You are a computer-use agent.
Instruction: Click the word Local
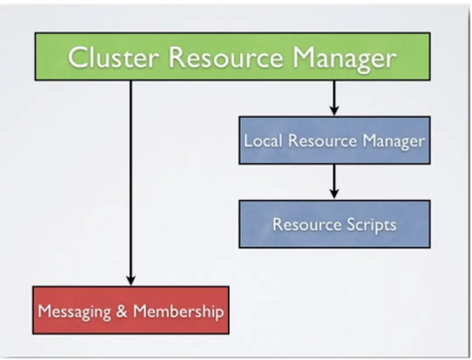263,141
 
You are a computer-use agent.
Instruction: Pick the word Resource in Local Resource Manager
323,141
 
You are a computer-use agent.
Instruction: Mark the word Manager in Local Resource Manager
393,141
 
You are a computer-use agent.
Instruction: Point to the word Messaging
74,312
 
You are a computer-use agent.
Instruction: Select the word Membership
178,312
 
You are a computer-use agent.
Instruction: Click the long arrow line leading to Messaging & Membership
131,175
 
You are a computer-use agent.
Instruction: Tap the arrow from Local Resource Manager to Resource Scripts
334,179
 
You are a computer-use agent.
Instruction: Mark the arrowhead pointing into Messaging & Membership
131,280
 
